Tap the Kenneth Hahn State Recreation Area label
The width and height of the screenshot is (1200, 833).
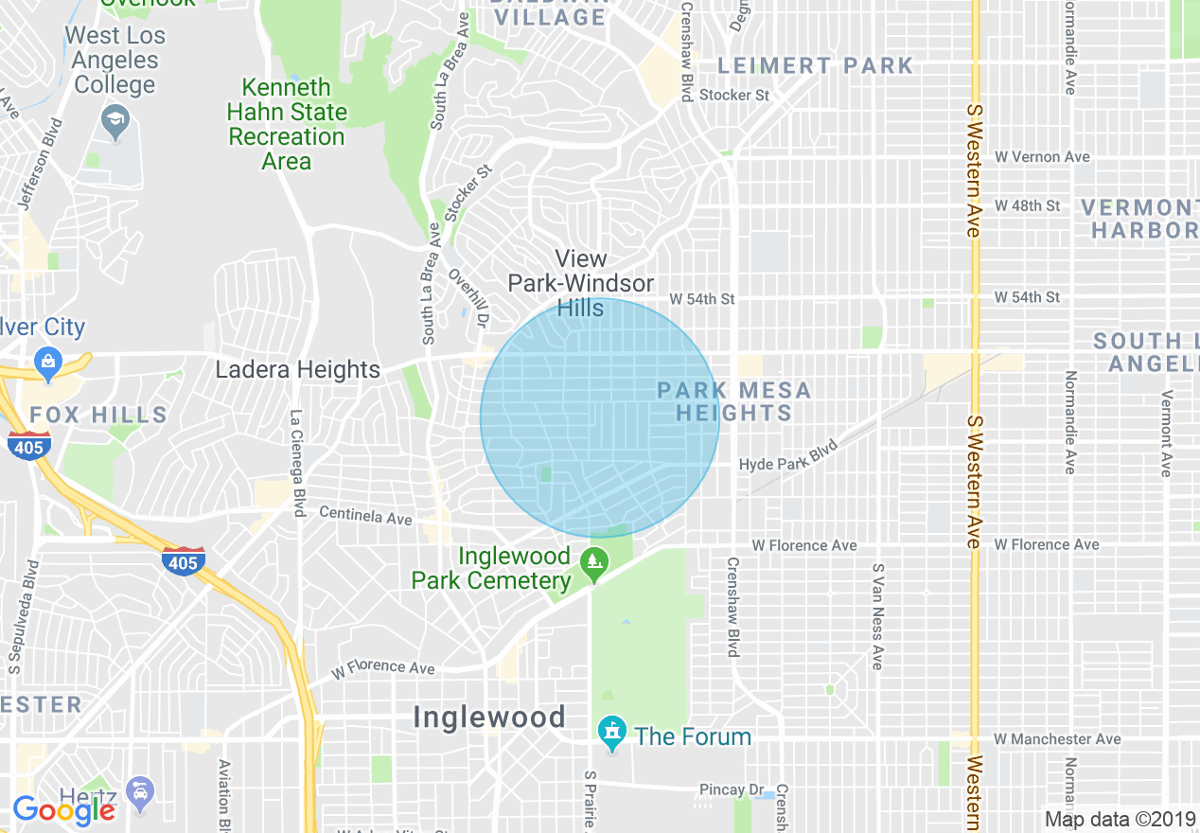pos(286,125)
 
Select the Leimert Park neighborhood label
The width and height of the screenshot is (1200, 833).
pos(815,65)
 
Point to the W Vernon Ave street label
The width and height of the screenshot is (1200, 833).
pos(1042,157)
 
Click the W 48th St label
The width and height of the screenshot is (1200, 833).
pos(1027,205)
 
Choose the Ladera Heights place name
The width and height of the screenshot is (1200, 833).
pos(297,369)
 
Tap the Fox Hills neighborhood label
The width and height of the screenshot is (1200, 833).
pos(98,415)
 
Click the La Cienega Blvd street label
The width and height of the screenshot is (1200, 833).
pos(298,462)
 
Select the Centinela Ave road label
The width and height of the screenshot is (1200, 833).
pos(365,516)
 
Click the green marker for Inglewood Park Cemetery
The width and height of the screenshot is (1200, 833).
pos(594,561)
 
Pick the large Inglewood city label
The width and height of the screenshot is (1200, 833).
pos(489,717)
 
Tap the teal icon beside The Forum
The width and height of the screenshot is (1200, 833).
pos(612,732)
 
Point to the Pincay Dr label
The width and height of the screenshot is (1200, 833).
pos(732,789)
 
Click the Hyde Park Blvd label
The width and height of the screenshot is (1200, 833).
pos(789,456)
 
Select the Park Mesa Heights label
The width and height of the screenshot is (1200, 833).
pos(733,401)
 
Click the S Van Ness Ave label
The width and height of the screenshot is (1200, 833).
pos(877,616)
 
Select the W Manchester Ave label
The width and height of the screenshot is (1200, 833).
pos(1057,739)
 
